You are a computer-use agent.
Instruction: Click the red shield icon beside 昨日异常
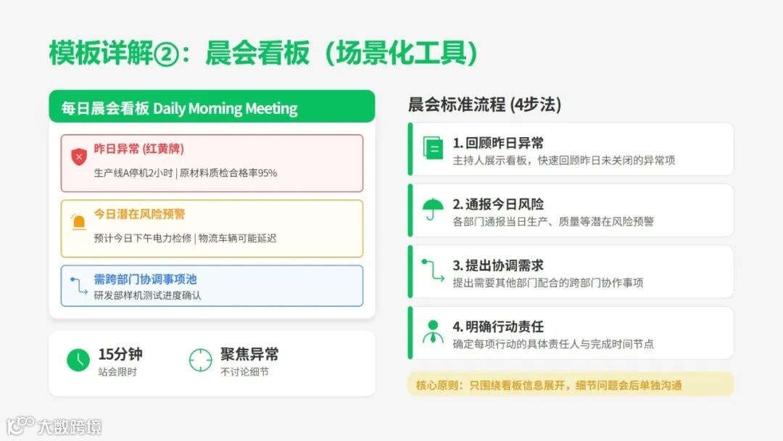point(79,156)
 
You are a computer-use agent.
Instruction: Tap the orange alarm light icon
point(78,221)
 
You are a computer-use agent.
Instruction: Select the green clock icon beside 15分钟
point(78,360)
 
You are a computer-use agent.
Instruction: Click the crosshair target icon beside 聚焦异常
point(200,360)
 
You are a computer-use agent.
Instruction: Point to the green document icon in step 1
point(433,149)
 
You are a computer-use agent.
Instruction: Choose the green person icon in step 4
point(433,331)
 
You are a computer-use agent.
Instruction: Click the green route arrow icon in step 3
point(433,271)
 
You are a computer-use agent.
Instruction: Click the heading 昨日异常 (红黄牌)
point(139,149)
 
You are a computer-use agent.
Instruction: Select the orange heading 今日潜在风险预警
point(139,214)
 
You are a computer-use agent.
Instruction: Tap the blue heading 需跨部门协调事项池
point(145,279)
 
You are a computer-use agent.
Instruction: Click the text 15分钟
point(120,354)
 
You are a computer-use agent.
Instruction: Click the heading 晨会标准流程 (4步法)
point(484,105)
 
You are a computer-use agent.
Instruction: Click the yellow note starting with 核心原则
point(570,385)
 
